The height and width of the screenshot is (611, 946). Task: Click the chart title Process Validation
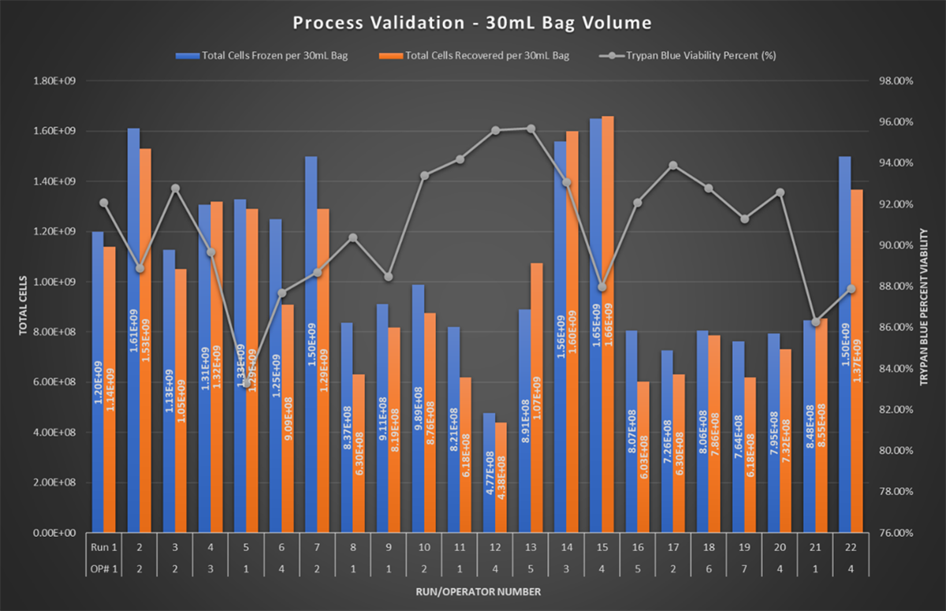472,22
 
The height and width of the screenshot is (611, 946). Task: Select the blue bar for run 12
489,473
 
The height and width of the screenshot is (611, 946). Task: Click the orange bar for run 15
607,323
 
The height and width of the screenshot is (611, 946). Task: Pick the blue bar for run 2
133,331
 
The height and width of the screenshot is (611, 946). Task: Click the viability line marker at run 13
531,129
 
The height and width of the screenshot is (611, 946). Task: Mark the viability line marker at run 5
246,383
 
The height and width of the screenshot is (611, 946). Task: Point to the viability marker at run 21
816,322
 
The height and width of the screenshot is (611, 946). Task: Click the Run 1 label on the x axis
103,546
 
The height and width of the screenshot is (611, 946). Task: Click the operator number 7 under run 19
744,566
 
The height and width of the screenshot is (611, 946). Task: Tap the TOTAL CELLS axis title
23,305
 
